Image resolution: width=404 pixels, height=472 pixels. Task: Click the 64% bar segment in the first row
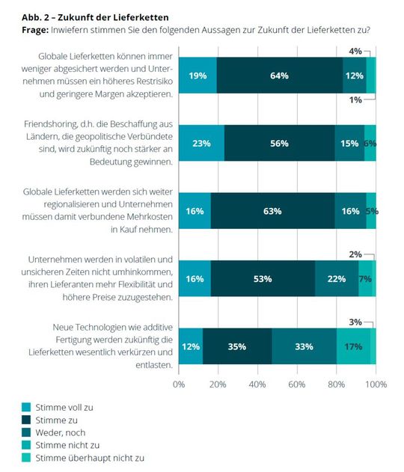click(x=279, y=75)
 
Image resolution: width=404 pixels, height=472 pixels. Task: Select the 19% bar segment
click(x=198, y=75)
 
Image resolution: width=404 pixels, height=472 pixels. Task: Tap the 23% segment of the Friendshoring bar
click(x=202, y=143)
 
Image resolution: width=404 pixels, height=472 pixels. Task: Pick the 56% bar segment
click(x=279, y=143)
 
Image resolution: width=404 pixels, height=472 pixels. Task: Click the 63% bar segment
click(x=272, y=211)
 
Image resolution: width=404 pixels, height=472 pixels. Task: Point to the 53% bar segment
click(x=263, y=278)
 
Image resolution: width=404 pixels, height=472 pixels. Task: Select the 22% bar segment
click(x=337, y=278)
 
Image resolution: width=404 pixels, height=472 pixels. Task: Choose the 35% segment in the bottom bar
click(x=237, y=346)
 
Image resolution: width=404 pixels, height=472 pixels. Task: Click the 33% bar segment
click(x=304, y=346)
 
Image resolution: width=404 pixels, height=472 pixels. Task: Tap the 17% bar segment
click(x=353, y=346)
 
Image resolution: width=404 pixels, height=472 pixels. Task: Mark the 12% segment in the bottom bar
click(x=191, y=346)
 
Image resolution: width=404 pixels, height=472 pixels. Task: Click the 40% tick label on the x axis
click(x=257, y=384)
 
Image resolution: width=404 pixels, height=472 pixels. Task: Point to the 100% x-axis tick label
click(x=375, y=384)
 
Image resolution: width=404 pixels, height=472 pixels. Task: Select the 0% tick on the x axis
click(x=179, y=384)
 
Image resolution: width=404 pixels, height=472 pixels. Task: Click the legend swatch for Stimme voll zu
click(x=26, y=406)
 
